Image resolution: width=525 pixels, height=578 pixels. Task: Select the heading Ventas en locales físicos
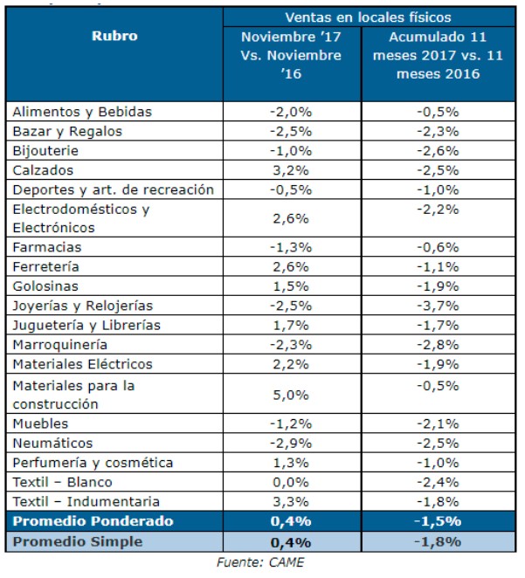[369, 17]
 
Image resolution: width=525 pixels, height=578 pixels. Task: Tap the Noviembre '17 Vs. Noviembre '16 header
[291, 56]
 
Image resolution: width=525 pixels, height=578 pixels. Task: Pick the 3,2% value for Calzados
[291, 170]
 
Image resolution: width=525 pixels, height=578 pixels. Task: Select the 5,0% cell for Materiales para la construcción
[291, 395]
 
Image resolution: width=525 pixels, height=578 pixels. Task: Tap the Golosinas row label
[45, 286]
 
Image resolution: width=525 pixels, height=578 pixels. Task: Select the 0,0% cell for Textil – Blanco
[291, 482]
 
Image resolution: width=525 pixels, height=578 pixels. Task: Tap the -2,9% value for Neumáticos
[291, 444]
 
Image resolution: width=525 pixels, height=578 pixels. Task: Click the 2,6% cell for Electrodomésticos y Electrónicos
[291, 218]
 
